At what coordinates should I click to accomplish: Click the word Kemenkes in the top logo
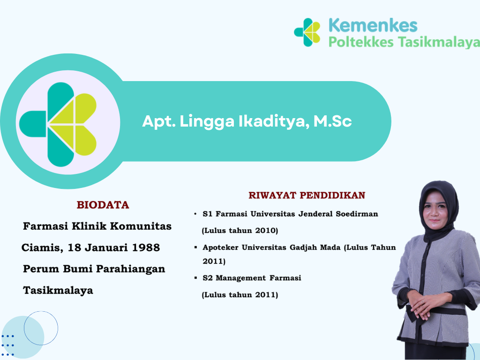(373, 25)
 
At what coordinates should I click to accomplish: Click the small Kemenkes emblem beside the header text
(307, 32)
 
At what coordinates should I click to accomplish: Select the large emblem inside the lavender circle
(58, 125)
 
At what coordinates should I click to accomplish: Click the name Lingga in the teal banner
(207, 122)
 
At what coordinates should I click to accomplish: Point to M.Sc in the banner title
(332, 121)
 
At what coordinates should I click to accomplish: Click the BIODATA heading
(103, 205)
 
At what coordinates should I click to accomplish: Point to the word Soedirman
(357, 214)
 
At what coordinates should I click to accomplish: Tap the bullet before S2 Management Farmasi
(195, 278)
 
